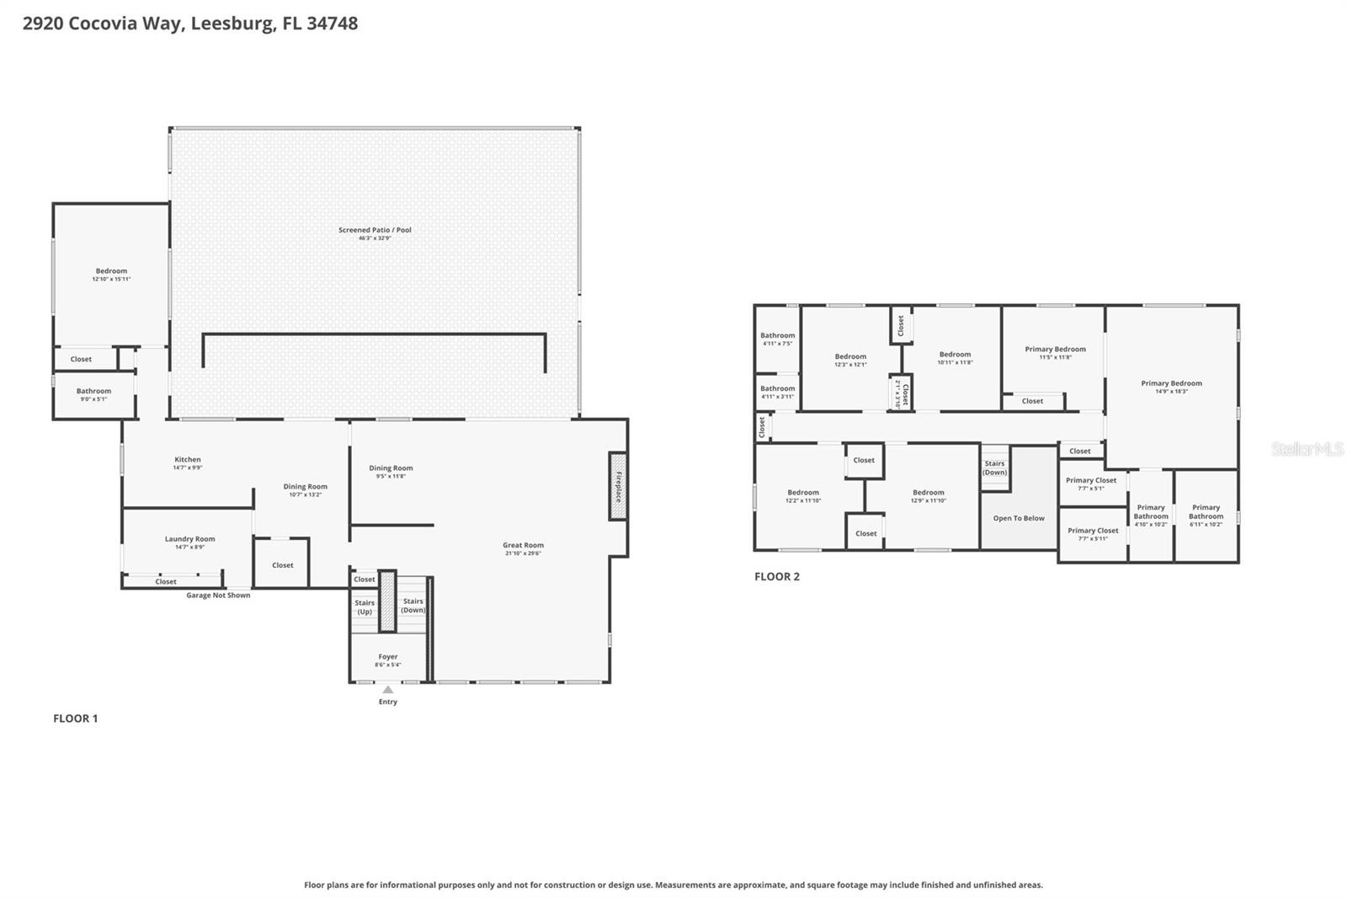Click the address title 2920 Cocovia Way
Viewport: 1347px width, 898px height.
(189, 24)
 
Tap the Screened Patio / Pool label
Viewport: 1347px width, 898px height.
(375, 230)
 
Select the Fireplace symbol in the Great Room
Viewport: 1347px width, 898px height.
(618, 486)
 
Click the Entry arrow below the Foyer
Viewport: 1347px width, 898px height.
(387, 690)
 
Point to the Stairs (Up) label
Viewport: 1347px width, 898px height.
(365, 607)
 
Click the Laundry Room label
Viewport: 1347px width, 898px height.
(189, 539)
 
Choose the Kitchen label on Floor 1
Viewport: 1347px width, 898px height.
(188, 460)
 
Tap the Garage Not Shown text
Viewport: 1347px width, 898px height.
(218, 596)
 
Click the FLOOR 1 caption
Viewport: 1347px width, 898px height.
(76, 719)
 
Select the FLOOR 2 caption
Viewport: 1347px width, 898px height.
(777, 577)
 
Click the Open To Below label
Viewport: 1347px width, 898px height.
(1019, 518)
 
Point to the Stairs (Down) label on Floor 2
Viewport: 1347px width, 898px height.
(995, 468)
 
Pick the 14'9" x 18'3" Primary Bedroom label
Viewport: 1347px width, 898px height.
(1171, 384)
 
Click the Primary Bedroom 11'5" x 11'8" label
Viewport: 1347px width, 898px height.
(1055, 350)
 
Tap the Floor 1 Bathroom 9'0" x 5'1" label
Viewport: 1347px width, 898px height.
(93, 392)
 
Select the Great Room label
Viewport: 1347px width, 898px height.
(524, 546)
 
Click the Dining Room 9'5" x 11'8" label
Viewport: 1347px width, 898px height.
(391, 468)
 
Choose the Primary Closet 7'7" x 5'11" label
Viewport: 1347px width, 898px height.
(1093, 532)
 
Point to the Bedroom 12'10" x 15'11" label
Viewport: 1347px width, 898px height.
(111, 272)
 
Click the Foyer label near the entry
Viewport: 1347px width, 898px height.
(387, 657)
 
